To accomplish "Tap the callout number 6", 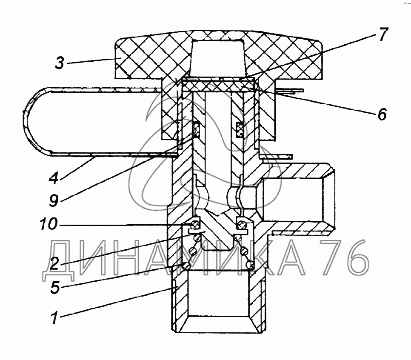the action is point(381,114).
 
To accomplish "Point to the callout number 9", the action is point(53,200).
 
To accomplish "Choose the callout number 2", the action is point(54,264).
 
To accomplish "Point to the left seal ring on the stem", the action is point(197,129).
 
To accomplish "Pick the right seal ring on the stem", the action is point(239,129).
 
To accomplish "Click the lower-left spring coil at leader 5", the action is point(186,266).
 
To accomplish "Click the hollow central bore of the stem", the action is point(217,140).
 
